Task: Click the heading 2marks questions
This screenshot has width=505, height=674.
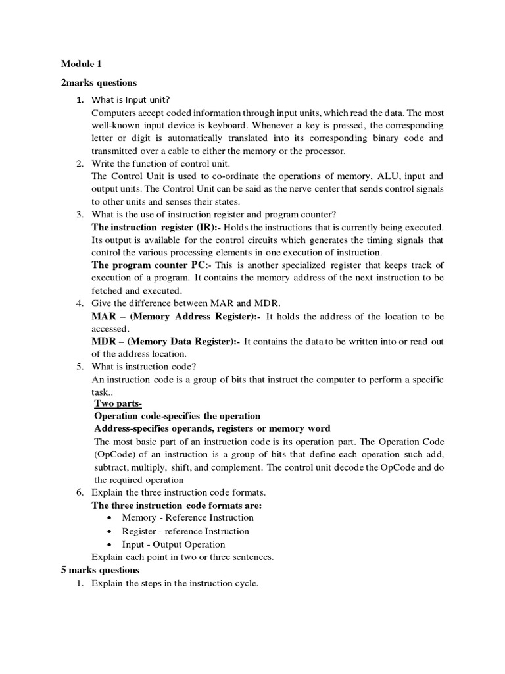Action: click(99, 83)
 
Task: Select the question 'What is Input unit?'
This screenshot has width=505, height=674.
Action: click(131, 100)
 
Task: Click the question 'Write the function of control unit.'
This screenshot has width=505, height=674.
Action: click(161, 163)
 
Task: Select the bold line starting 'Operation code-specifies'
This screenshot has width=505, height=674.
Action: click(178, 416)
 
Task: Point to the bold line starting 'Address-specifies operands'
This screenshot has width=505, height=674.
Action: click(212, 428)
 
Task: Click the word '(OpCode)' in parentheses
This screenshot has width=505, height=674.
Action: click(115, 455)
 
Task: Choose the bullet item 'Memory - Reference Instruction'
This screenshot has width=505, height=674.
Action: click(187, 518)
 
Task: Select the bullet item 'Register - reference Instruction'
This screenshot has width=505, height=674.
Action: click(185, 531)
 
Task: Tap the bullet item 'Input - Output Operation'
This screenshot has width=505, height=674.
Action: click(173, 544)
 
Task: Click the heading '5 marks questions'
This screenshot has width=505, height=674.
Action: click(100, 569)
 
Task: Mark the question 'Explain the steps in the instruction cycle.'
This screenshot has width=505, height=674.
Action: click(175, 583)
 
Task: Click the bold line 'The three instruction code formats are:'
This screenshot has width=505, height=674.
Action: click(176, 505)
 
